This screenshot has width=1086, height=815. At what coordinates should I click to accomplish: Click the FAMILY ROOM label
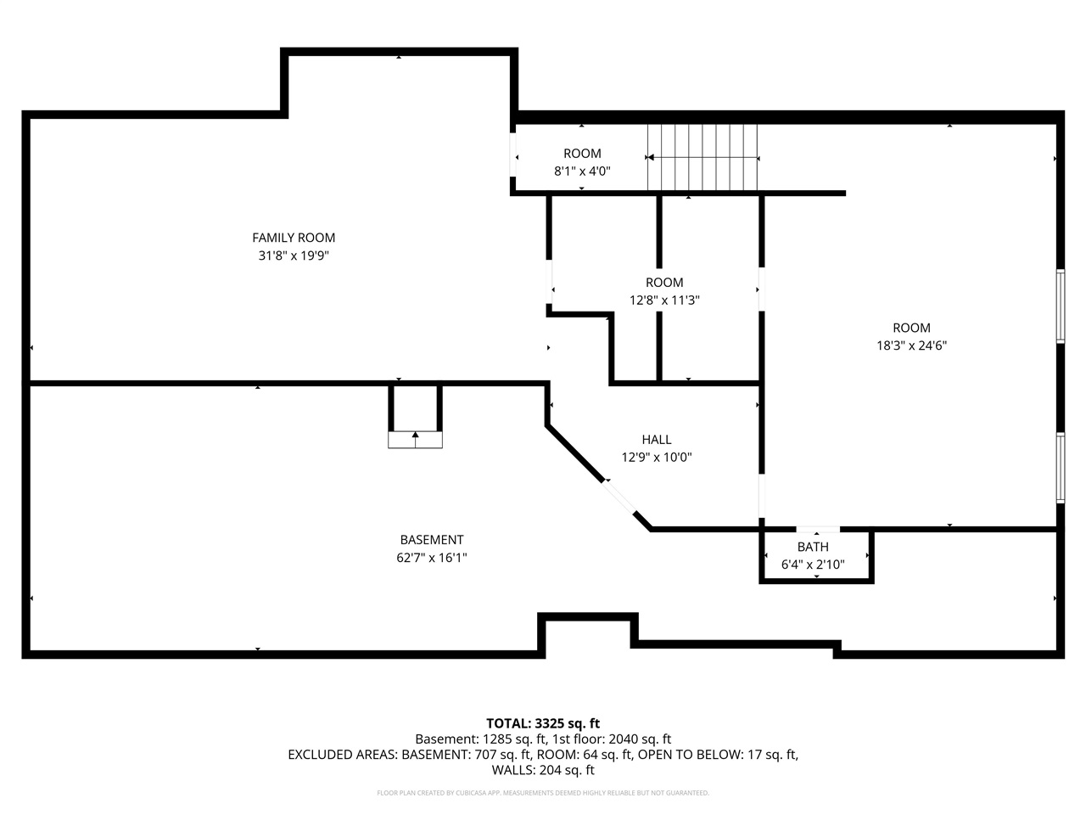(x=294, y=238)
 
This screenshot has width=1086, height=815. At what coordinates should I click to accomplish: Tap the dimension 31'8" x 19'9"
(x=294, y=256)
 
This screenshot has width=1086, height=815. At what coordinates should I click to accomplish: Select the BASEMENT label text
(x=432, y=540)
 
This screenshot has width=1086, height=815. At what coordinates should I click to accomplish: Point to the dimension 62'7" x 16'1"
(x=432, y=558)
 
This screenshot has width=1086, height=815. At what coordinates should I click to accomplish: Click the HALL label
(x=657, y=440)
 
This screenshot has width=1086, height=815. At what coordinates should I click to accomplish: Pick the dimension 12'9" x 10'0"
(x=657, y=458)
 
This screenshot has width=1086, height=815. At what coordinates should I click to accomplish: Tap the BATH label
(x=813, y=547)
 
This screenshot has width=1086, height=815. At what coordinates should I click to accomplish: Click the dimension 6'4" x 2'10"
(x=813, y=565)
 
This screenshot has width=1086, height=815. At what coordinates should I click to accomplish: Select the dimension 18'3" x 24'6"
(x=911, y=346)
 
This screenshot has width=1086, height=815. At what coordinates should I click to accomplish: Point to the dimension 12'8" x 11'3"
(x=664, y=301)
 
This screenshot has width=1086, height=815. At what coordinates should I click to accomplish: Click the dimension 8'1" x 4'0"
(x=582, y=171)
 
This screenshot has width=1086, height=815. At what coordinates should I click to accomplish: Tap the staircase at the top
(x=703, y=158)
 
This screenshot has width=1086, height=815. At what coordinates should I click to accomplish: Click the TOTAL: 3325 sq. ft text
(x=543, y=723)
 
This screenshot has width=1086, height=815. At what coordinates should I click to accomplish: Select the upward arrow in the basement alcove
(x=416, y=438)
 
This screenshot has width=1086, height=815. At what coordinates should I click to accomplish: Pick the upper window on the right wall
(x=1061, y=306)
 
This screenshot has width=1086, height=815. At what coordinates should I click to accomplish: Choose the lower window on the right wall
(x=1061, y=468)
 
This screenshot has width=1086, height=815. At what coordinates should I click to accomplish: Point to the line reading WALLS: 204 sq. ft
(x=543, y=770)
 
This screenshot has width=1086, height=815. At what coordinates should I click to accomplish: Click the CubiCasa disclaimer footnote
(x=543, y=793)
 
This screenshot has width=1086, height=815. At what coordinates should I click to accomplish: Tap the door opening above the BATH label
(x=818, y=530)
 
